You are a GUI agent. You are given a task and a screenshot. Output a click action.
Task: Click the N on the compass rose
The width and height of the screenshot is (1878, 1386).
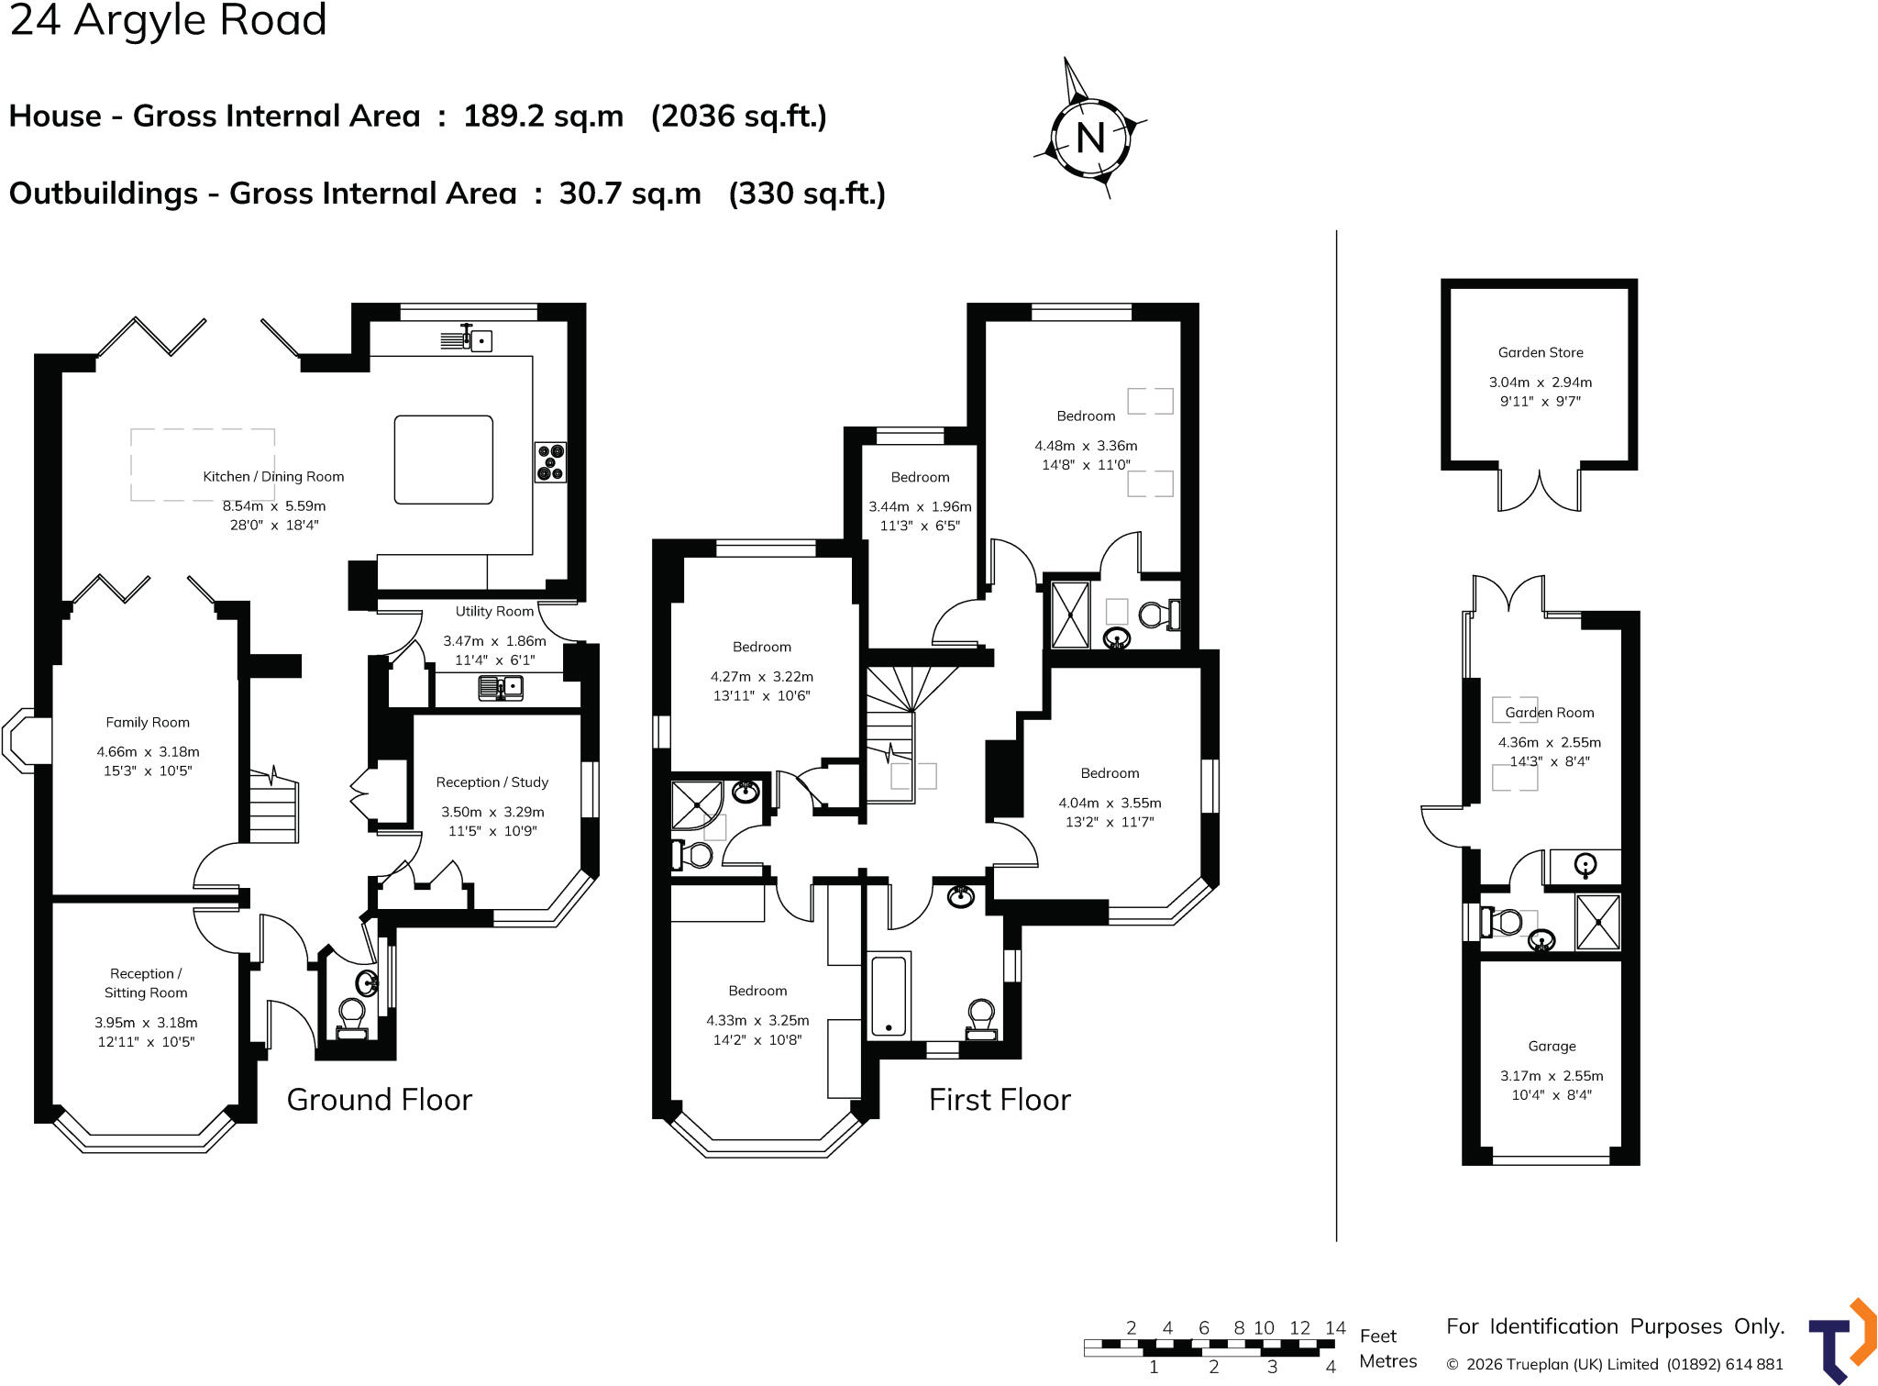tap(1090, 139)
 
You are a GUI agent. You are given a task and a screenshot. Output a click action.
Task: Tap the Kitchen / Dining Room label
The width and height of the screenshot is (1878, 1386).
tap(273, 477)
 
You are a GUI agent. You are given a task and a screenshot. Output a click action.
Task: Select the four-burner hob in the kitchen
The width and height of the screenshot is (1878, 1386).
tap(551, 462)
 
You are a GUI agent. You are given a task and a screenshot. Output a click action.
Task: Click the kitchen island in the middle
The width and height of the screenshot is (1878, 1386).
tap(444, 460)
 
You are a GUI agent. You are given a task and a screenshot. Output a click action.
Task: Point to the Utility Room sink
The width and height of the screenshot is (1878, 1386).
tap(501, 687)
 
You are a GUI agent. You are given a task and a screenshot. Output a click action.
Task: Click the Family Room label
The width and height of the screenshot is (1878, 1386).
tap(148, 723)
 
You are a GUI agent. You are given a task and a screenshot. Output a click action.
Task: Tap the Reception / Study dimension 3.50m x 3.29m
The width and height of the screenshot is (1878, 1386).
tap(492, 812)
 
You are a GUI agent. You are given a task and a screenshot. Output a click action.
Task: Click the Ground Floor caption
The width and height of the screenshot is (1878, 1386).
tap(380, 1099)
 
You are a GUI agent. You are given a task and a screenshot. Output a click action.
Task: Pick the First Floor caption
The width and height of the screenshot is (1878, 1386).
tap(1000, 1099)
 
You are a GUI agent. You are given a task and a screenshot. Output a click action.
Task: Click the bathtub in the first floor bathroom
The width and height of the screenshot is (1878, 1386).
tap(889, 996)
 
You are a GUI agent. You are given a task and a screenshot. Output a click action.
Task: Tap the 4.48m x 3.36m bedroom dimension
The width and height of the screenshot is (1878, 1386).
tap(1086, 446)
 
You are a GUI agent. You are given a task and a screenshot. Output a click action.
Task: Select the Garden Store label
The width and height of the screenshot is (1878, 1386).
tap(1541, 352)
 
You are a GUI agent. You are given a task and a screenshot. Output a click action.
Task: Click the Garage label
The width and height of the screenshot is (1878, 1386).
tap(1552, 1047)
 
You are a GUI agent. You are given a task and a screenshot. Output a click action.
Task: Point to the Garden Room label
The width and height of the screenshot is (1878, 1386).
tap(1550, 713)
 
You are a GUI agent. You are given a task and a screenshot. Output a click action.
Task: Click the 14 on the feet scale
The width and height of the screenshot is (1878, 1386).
tap(1335, 1328)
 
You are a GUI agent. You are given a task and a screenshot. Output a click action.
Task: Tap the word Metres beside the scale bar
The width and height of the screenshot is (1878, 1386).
tap(1388, 1361)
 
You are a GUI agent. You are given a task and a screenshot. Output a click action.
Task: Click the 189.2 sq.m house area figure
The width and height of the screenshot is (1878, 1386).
tap(543, 116)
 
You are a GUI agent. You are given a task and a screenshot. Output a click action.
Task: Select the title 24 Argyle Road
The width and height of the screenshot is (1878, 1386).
tap(168, 20)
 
